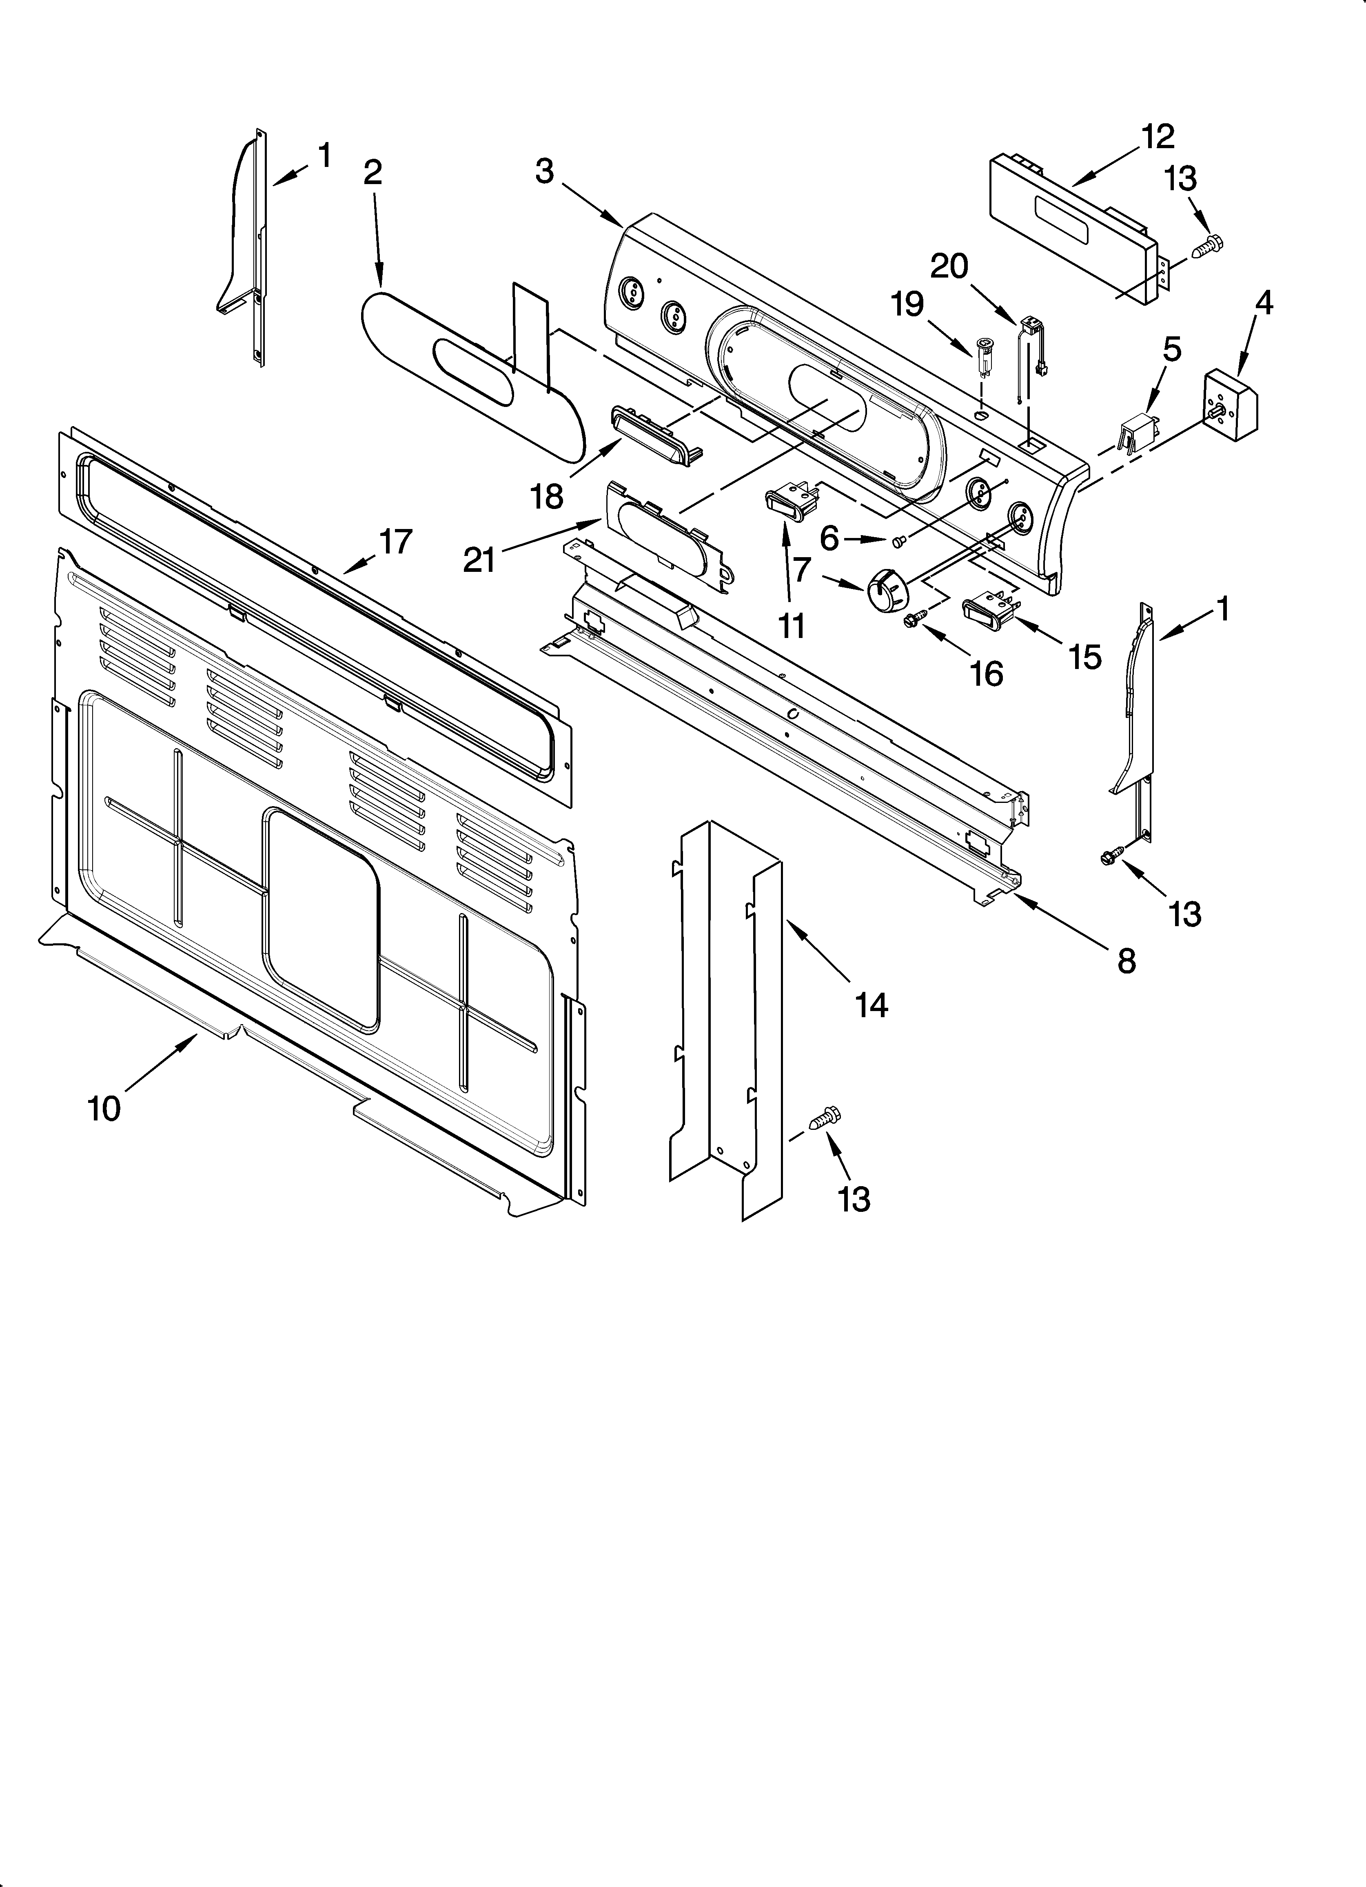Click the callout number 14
[x=871, y=1005]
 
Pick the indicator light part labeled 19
[x=984, y=348]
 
